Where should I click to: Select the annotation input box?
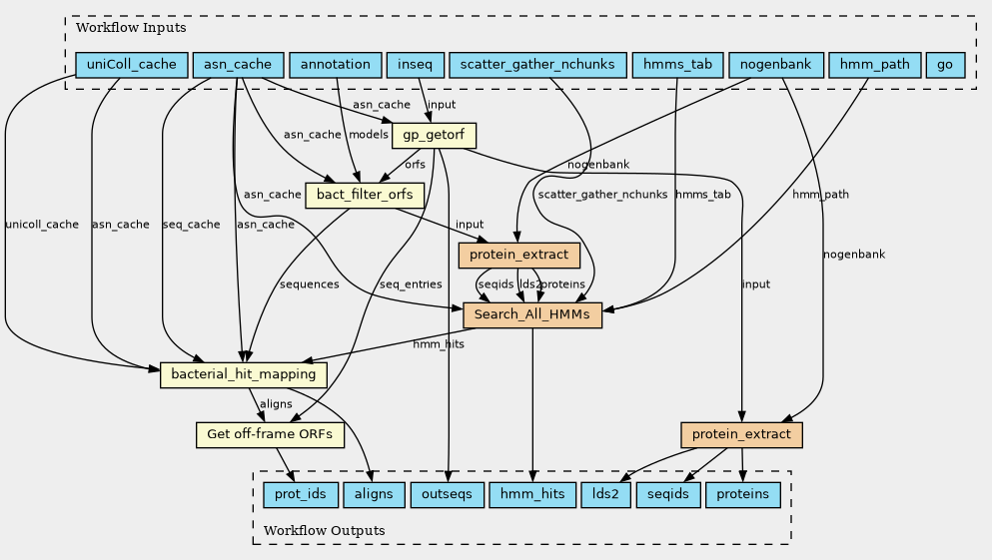335,65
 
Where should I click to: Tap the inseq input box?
414,65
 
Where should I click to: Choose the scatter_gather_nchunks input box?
537,65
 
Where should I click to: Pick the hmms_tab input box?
678,65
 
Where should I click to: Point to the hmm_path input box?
874,65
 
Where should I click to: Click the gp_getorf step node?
435,135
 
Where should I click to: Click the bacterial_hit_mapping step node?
244,374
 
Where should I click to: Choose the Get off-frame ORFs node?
270,434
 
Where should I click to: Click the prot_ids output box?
300,494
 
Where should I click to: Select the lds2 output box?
605,494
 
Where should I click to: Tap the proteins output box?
742,494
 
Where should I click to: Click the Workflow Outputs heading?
325,530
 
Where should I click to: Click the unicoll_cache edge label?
41,225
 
